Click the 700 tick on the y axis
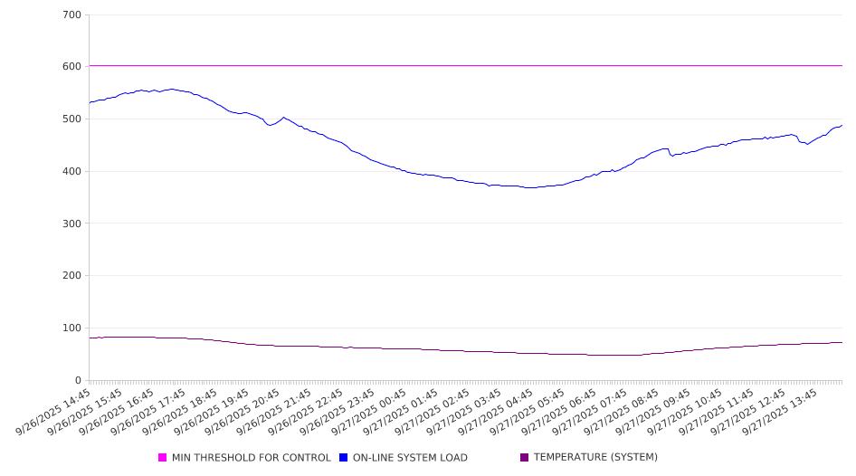[x=72, y=15]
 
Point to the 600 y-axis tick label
[x=72, y=67]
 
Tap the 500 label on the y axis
[x=72, y=119]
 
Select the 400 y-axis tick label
[x=72, y=172]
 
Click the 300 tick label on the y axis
[x=72, y=224]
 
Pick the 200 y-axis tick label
[x=72, y=276]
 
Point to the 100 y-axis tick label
[x=72, y=328]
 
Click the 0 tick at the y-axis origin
[x=79, y=380]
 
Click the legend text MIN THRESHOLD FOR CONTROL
[x=251, y=458]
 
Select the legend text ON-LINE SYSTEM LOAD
[x=410, y=458]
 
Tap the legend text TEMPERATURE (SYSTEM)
[x=595, y=458]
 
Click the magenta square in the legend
[x=163, y=458]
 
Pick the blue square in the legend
[x=344, y=458]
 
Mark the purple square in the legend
[x=525, y=458]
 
